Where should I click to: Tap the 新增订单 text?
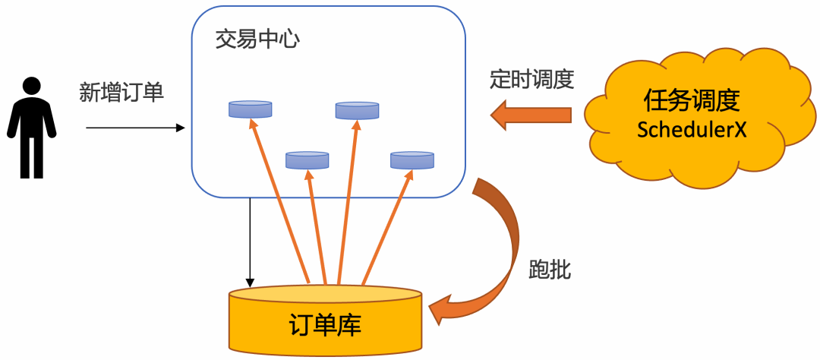[x=122, y=93]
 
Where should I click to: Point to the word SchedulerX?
[x=692, y=129]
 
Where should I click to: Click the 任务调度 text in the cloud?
[x=692, y=101]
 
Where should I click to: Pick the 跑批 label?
[x=549, y=268]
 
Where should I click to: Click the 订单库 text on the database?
[x=326, y=326]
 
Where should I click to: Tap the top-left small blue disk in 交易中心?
[x=251, y=109]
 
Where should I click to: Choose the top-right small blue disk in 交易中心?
[x=357, y=111]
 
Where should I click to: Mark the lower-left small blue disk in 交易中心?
[x=307, y=159]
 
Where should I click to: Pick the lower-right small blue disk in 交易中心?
[x=412, y=160]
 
